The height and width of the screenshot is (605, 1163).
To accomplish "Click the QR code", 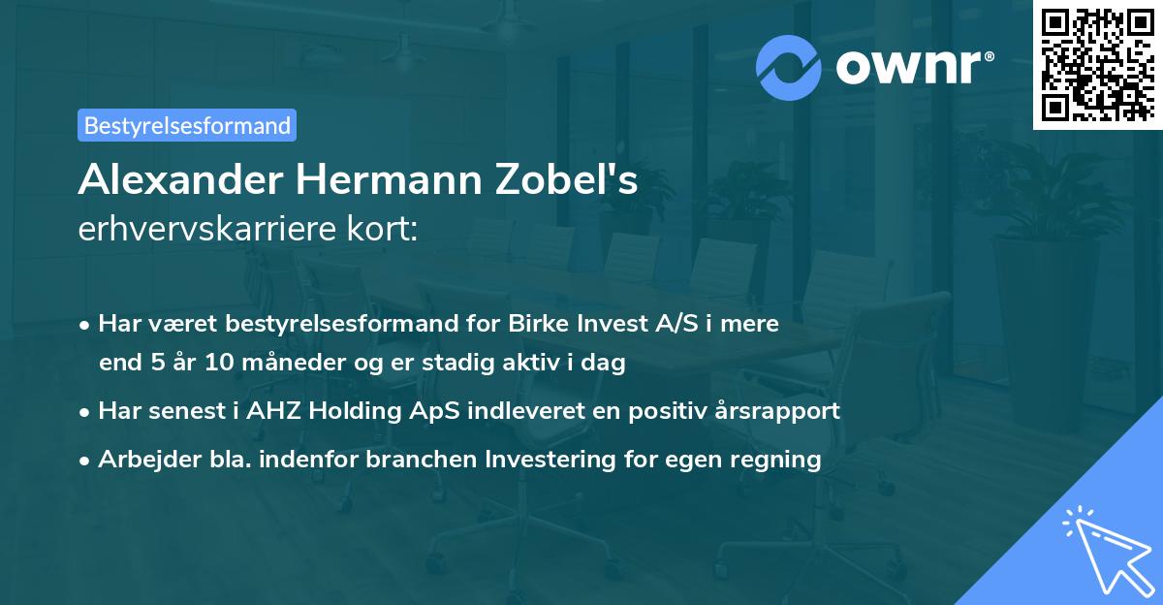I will [x=1097, y=64].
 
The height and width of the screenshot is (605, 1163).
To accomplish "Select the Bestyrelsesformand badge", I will [x=186, y=125].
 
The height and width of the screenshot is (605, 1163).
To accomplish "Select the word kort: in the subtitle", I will [x=385, y=229].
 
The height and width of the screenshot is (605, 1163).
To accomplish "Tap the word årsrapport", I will [x=781, y=410].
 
